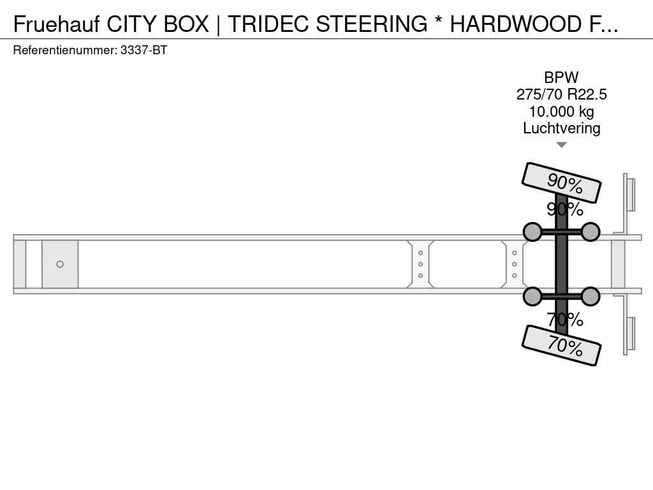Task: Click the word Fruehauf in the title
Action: pos(56,24)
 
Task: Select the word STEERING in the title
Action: pos(372,24)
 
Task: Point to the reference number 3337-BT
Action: pos(143,50)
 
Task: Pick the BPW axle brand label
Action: pos(561,77)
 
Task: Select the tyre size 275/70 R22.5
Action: pos(561,94)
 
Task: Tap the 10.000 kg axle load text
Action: pos(561,112)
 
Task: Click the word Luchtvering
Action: pos(561,128)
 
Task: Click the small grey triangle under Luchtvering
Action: pos(561,145)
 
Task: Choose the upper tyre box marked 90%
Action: pos(561,182)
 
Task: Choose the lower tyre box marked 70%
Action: pos(561,345)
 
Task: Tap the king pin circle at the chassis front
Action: pos(60,264)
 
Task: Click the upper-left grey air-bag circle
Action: pos(532,232)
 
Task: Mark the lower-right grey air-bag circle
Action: pos(590,297)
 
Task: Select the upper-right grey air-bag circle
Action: pos(590,232)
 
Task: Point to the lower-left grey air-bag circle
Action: pos(532,297)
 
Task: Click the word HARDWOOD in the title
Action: pos(515,24)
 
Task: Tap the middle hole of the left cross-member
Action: pos(420,264)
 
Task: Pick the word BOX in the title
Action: pos(186,24)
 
